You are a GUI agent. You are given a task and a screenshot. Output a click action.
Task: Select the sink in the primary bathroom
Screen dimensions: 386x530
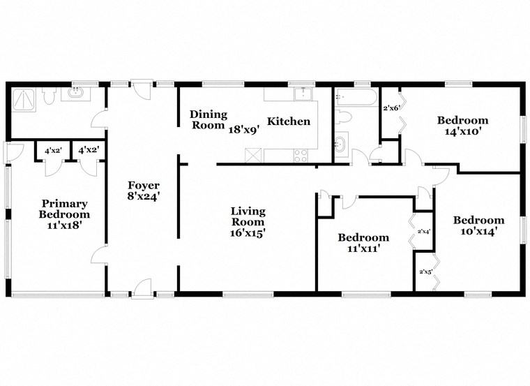point(75,94)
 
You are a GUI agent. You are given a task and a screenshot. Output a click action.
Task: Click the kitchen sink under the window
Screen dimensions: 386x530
point(303,94)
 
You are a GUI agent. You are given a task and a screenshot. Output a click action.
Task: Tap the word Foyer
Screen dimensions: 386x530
point(144,185)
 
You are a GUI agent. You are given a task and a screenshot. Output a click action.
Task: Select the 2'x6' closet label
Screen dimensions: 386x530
point(391,108)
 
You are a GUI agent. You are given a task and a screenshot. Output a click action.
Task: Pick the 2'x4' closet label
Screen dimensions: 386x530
point(423,231)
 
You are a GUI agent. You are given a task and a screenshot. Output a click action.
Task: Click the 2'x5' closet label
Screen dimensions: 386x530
point(424,272)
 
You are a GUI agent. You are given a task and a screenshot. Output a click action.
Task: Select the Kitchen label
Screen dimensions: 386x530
point(289,121)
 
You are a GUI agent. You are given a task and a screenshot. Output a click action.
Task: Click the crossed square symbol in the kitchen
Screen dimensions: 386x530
point(253,155)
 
